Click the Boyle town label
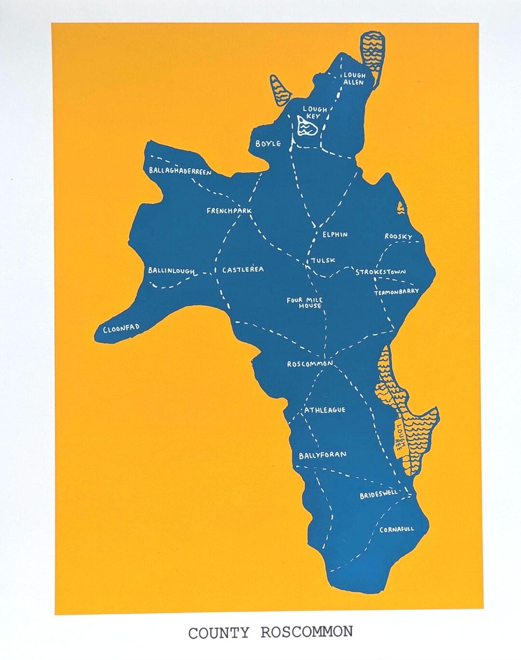point(268,144)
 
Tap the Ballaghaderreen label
point(180,171)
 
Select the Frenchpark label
point(229,211)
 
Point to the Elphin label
point(335,234)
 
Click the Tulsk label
point(323,260)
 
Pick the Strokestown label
point(381,272)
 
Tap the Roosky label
point(398,236)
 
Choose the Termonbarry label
point(397,292)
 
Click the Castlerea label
point(243,270)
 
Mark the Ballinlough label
point(171,271)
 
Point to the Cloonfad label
point(122,329)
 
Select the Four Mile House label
point(305,303)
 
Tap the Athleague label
point(325,410)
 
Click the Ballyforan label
point(323,455)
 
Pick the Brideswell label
point(379,495)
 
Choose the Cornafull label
point(397,529)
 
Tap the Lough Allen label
point(354,79)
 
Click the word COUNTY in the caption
point(219,633)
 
